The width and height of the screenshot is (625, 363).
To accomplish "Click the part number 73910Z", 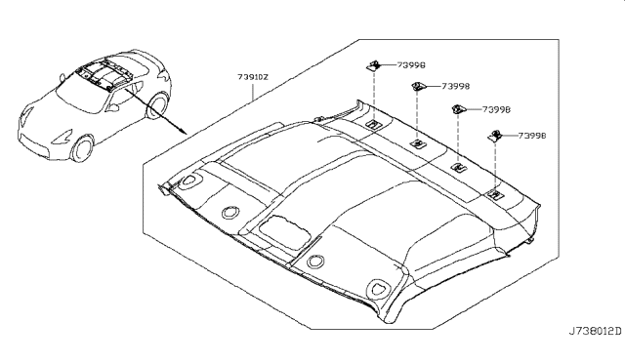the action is pos(253,77).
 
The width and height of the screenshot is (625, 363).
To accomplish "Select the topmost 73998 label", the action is pos(411,65).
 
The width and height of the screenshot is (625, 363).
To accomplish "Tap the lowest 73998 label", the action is pos(532,136).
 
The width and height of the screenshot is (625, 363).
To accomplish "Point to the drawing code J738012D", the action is pos(595,331).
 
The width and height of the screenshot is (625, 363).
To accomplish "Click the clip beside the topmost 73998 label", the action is pos(373,65).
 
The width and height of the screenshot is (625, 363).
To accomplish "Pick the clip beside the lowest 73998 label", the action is pos(495,136).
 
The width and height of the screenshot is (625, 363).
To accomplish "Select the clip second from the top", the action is pos(418,86).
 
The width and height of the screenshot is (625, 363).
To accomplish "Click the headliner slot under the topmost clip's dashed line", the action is pos(373,124).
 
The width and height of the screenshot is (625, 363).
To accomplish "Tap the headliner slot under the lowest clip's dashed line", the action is pos(494,195).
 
